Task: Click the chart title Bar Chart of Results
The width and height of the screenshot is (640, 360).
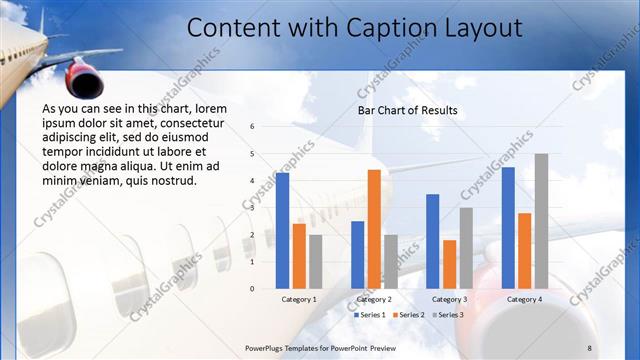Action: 407,110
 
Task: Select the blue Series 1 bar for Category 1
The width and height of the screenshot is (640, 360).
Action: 283,230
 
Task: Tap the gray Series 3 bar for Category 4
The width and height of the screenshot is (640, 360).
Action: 541,221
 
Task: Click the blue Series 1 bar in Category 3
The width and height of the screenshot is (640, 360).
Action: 433,241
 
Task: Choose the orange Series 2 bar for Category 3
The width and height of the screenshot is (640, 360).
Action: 449,264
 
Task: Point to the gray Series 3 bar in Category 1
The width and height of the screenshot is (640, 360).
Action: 316,261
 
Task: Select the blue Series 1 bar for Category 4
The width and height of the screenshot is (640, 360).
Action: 508,227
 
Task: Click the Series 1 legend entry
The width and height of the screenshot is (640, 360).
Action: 371,315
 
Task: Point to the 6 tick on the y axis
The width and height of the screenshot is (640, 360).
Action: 253,127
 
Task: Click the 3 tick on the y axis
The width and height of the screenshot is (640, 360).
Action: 253,208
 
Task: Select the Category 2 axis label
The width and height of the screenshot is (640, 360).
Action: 373,299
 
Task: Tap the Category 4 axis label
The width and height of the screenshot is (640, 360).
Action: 524,299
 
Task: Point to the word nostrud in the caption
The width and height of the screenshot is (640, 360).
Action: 172,181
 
